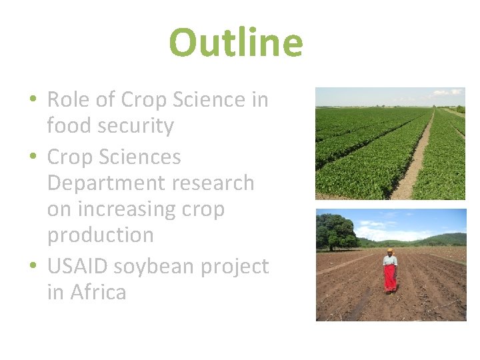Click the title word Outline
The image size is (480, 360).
(x=236, y=42)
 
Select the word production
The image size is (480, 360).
(x=100, y=235)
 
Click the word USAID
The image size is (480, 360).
(x=79, y=267)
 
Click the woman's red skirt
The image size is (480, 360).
(x=390, y=277)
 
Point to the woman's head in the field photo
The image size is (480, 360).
(x=390, y=252)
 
